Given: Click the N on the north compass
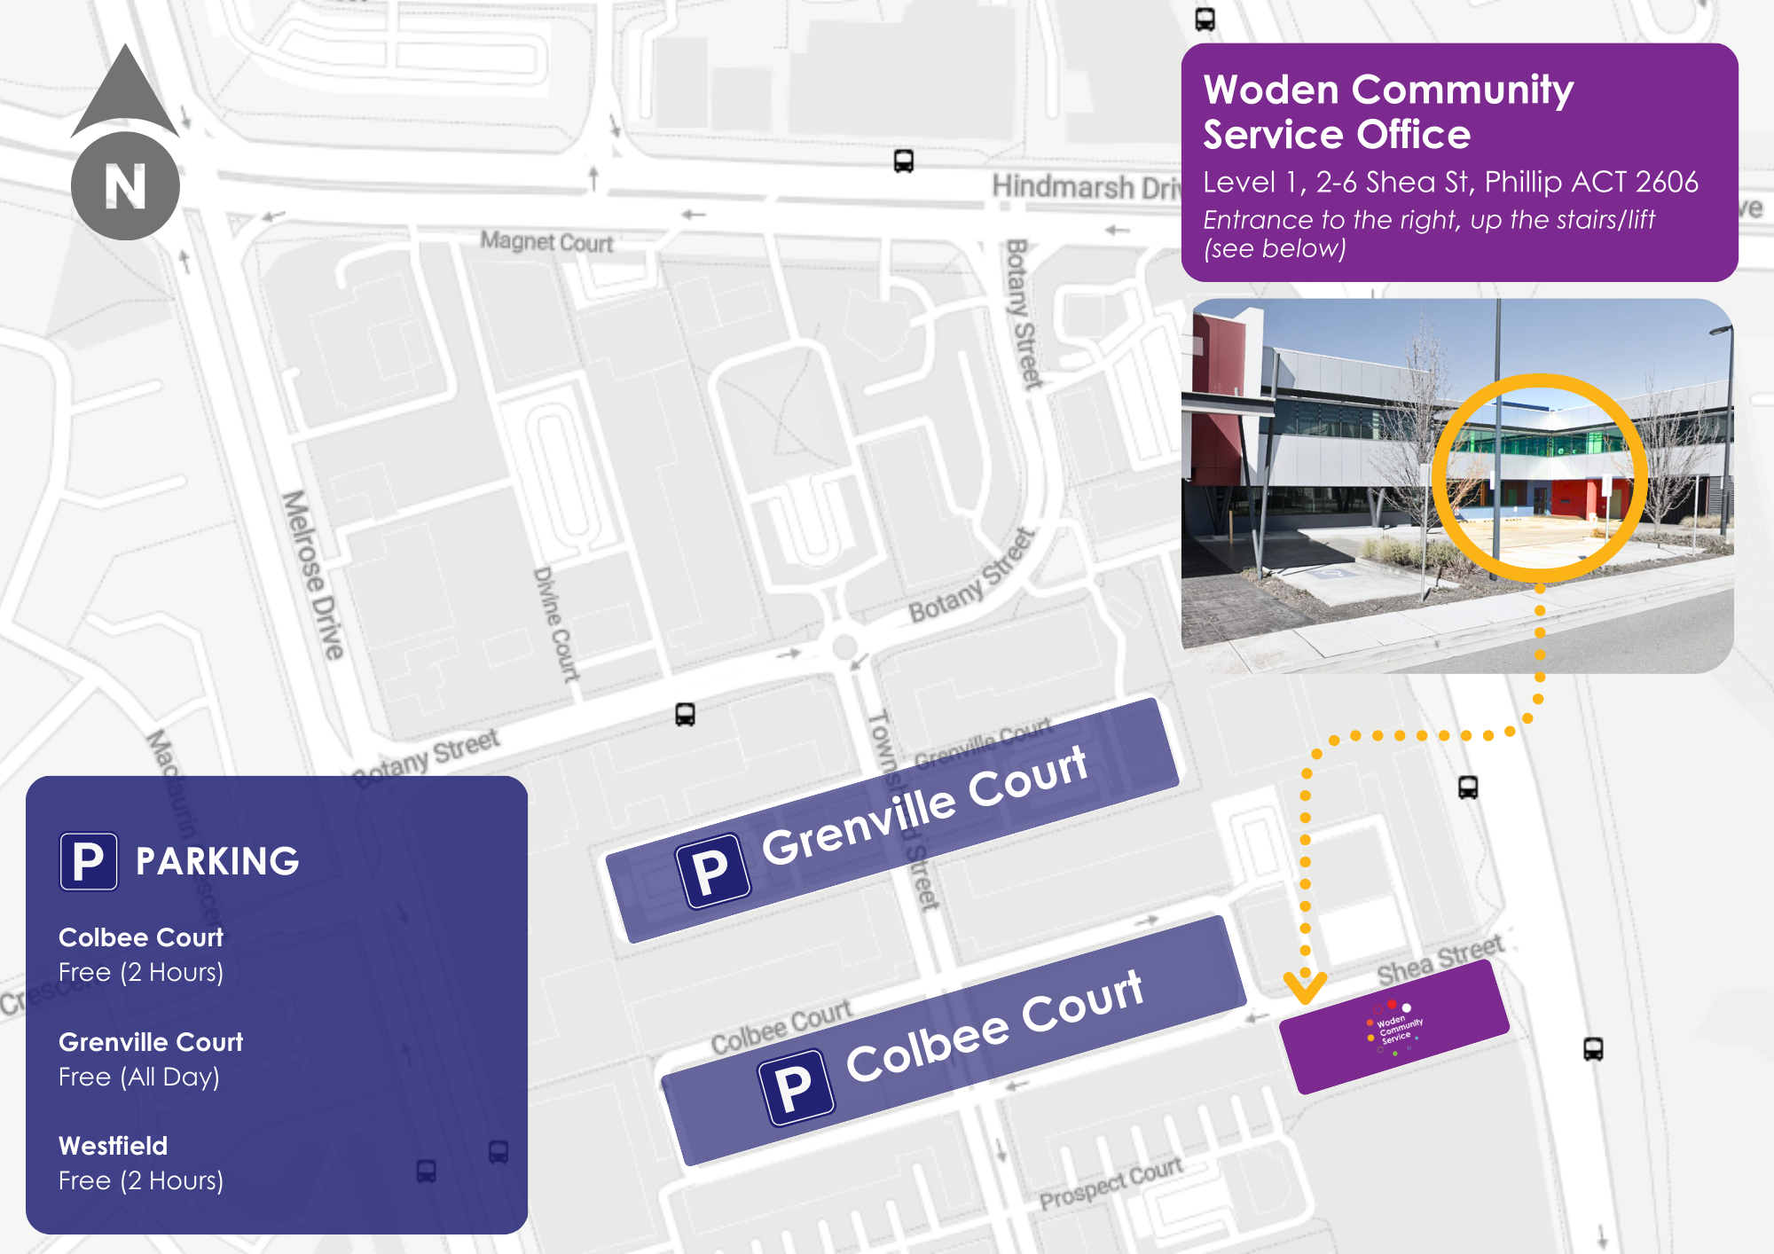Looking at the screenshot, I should (125, 186).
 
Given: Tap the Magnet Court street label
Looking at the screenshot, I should (546, 242).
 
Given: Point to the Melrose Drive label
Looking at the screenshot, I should (312, 575).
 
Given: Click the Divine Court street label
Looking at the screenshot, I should (556, 623).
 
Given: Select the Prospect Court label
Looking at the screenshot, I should (1111, 1184).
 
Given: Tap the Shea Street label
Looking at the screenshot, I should (1440, 960).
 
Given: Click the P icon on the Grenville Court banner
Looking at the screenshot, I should (712, 871).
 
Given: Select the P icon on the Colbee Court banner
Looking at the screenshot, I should (795, 1087).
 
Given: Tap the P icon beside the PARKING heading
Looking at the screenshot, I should (89, 861).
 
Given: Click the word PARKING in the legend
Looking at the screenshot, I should (217, 861).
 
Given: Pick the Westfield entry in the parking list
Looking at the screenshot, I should (114, 1146).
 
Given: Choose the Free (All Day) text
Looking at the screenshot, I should (139, 1077).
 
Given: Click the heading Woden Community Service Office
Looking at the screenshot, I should (1387, 112).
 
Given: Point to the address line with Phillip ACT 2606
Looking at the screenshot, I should (1449, 182).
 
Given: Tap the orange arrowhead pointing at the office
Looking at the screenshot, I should (1306, 987).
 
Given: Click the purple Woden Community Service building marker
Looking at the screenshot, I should (1394, 1027).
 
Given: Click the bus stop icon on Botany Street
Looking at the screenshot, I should (685, 715).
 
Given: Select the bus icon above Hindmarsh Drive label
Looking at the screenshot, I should (903, 161).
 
